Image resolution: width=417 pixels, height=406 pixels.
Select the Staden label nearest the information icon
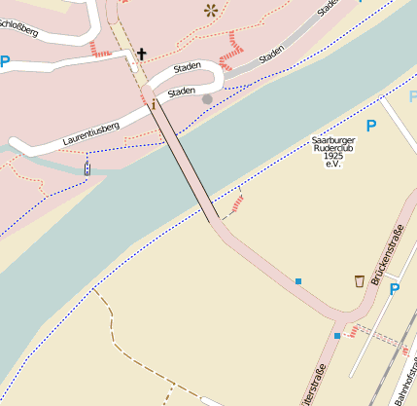point(182,92)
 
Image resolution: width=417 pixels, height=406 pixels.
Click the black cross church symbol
point(141,54)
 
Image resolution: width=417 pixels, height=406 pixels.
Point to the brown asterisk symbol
point(210,11)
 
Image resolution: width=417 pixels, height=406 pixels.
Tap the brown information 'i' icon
point(153,103)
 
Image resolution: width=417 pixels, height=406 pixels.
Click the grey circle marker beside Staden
point(206,98)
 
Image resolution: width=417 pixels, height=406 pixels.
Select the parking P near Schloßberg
point(5,62)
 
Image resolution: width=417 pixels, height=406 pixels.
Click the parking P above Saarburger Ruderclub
point(369,125)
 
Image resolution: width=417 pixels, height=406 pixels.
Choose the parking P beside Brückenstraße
point(394,289)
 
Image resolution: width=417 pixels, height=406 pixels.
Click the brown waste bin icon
point(361,281)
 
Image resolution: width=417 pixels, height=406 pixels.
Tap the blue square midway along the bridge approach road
point(298,281)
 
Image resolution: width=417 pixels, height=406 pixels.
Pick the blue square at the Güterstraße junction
point(337,336)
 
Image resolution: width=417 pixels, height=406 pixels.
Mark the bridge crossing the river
point(185,161)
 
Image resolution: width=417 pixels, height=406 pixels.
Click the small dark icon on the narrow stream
point(88,169)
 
